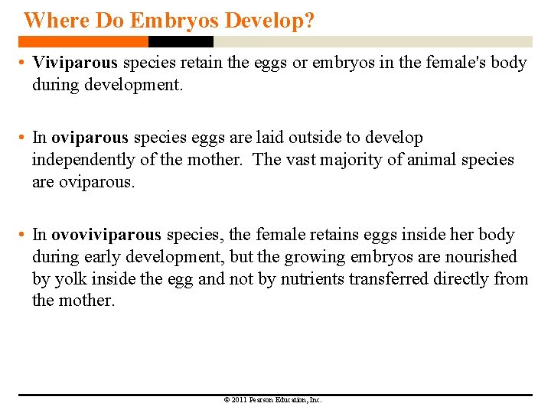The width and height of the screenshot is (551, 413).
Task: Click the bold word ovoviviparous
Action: coord(106,235)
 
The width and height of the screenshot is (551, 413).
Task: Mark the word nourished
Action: coord(481,257)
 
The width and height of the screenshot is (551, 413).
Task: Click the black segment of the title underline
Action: coord(169,41)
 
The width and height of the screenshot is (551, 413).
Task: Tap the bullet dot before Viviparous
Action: coord(24,63)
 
